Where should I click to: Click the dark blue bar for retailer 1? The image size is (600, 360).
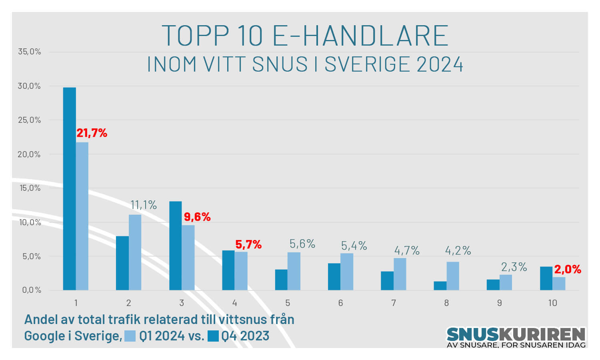[69, 188]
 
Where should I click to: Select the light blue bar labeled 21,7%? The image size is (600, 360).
[82, 216]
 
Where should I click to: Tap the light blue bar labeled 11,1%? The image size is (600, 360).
[135, 252]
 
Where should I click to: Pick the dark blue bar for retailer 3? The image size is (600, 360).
[176, 246]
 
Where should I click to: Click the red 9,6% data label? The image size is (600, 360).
[197, 217]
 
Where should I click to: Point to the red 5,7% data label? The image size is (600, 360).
[248, 244]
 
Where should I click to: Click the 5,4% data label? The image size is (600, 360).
[354, 246]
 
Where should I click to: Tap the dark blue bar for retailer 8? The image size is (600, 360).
[440, 286]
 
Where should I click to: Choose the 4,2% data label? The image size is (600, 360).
[458, 251]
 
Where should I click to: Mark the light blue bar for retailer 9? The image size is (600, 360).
[506, 282]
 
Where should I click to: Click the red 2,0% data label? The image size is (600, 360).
[568, 269]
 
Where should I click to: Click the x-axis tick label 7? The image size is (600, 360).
[394, 303]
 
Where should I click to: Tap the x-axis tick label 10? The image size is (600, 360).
[552, 303]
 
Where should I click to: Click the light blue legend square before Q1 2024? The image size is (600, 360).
[130, 336]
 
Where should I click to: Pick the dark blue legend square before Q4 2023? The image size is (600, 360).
[213, 336]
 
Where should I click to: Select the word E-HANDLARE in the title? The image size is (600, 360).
[360, 36]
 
